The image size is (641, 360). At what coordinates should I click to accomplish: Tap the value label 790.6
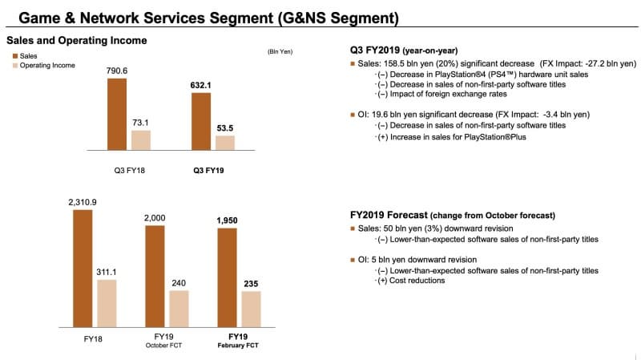[x=117, y=71]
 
